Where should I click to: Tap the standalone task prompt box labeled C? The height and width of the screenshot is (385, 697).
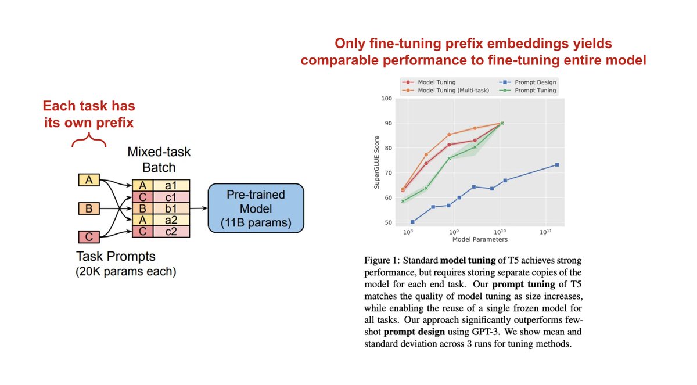(x=89, y=237)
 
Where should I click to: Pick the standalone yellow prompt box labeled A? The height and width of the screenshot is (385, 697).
(x=89, y=181)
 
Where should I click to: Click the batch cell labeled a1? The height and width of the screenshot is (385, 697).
(x=170, y=185)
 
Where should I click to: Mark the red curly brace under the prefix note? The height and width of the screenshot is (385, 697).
(x=89, y=142)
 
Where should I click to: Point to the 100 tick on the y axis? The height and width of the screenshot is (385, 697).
(x=386, y=99)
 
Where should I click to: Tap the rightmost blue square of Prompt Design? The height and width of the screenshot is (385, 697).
(x=556, y=165)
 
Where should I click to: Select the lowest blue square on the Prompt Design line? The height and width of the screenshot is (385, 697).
(x=412, y=222)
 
